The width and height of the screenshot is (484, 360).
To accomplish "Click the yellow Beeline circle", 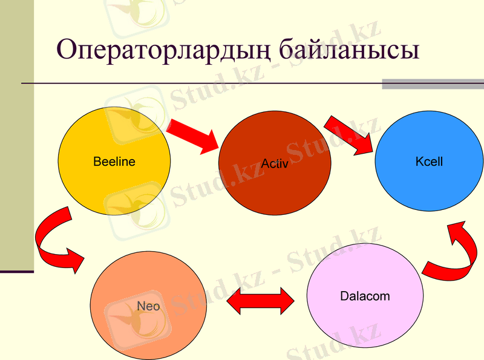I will coord(114,182).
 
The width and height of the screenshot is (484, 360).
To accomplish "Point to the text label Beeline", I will coord(114,162).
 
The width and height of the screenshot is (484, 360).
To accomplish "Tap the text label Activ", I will coord(275,163).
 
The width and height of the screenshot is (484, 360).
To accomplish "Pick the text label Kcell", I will coord(430,162).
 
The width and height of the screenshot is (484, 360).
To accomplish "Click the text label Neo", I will coord(148,306).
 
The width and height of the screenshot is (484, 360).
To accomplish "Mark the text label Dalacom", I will coord(365,296).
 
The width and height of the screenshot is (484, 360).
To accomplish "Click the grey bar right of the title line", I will coord(433,84).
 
